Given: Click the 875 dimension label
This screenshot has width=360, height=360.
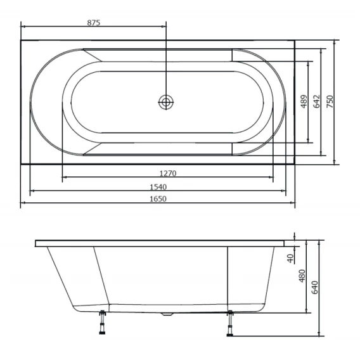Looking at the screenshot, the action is click(x=94, y=23).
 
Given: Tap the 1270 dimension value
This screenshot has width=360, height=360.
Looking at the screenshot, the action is click(x=168, y=173).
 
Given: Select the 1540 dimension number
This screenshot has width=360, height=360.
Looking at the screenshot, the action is click(x=158, y=187).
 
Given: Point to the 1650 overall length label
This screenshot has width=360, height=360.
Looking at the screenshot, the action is click(x=158, y=198).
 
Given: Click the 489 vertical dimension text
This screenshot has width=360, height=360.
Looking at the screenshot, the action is click(x=304, y=101).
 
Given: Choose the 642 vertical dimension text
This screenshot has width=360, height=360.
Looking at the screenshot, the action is click(x=317, y=101).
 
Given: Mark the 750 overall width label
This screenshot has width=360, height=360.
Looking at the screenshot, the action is click(x=330, y=101).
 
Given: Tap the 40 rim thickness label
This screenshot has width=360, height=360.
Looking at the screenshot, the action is click(x=291, y=259).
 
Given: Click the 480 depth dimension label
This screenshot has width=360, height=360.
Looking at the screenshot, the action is click(x=302, y=276).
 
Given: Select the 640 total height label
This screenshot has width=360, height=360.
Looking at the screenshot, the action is click(x=314, y=287).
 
